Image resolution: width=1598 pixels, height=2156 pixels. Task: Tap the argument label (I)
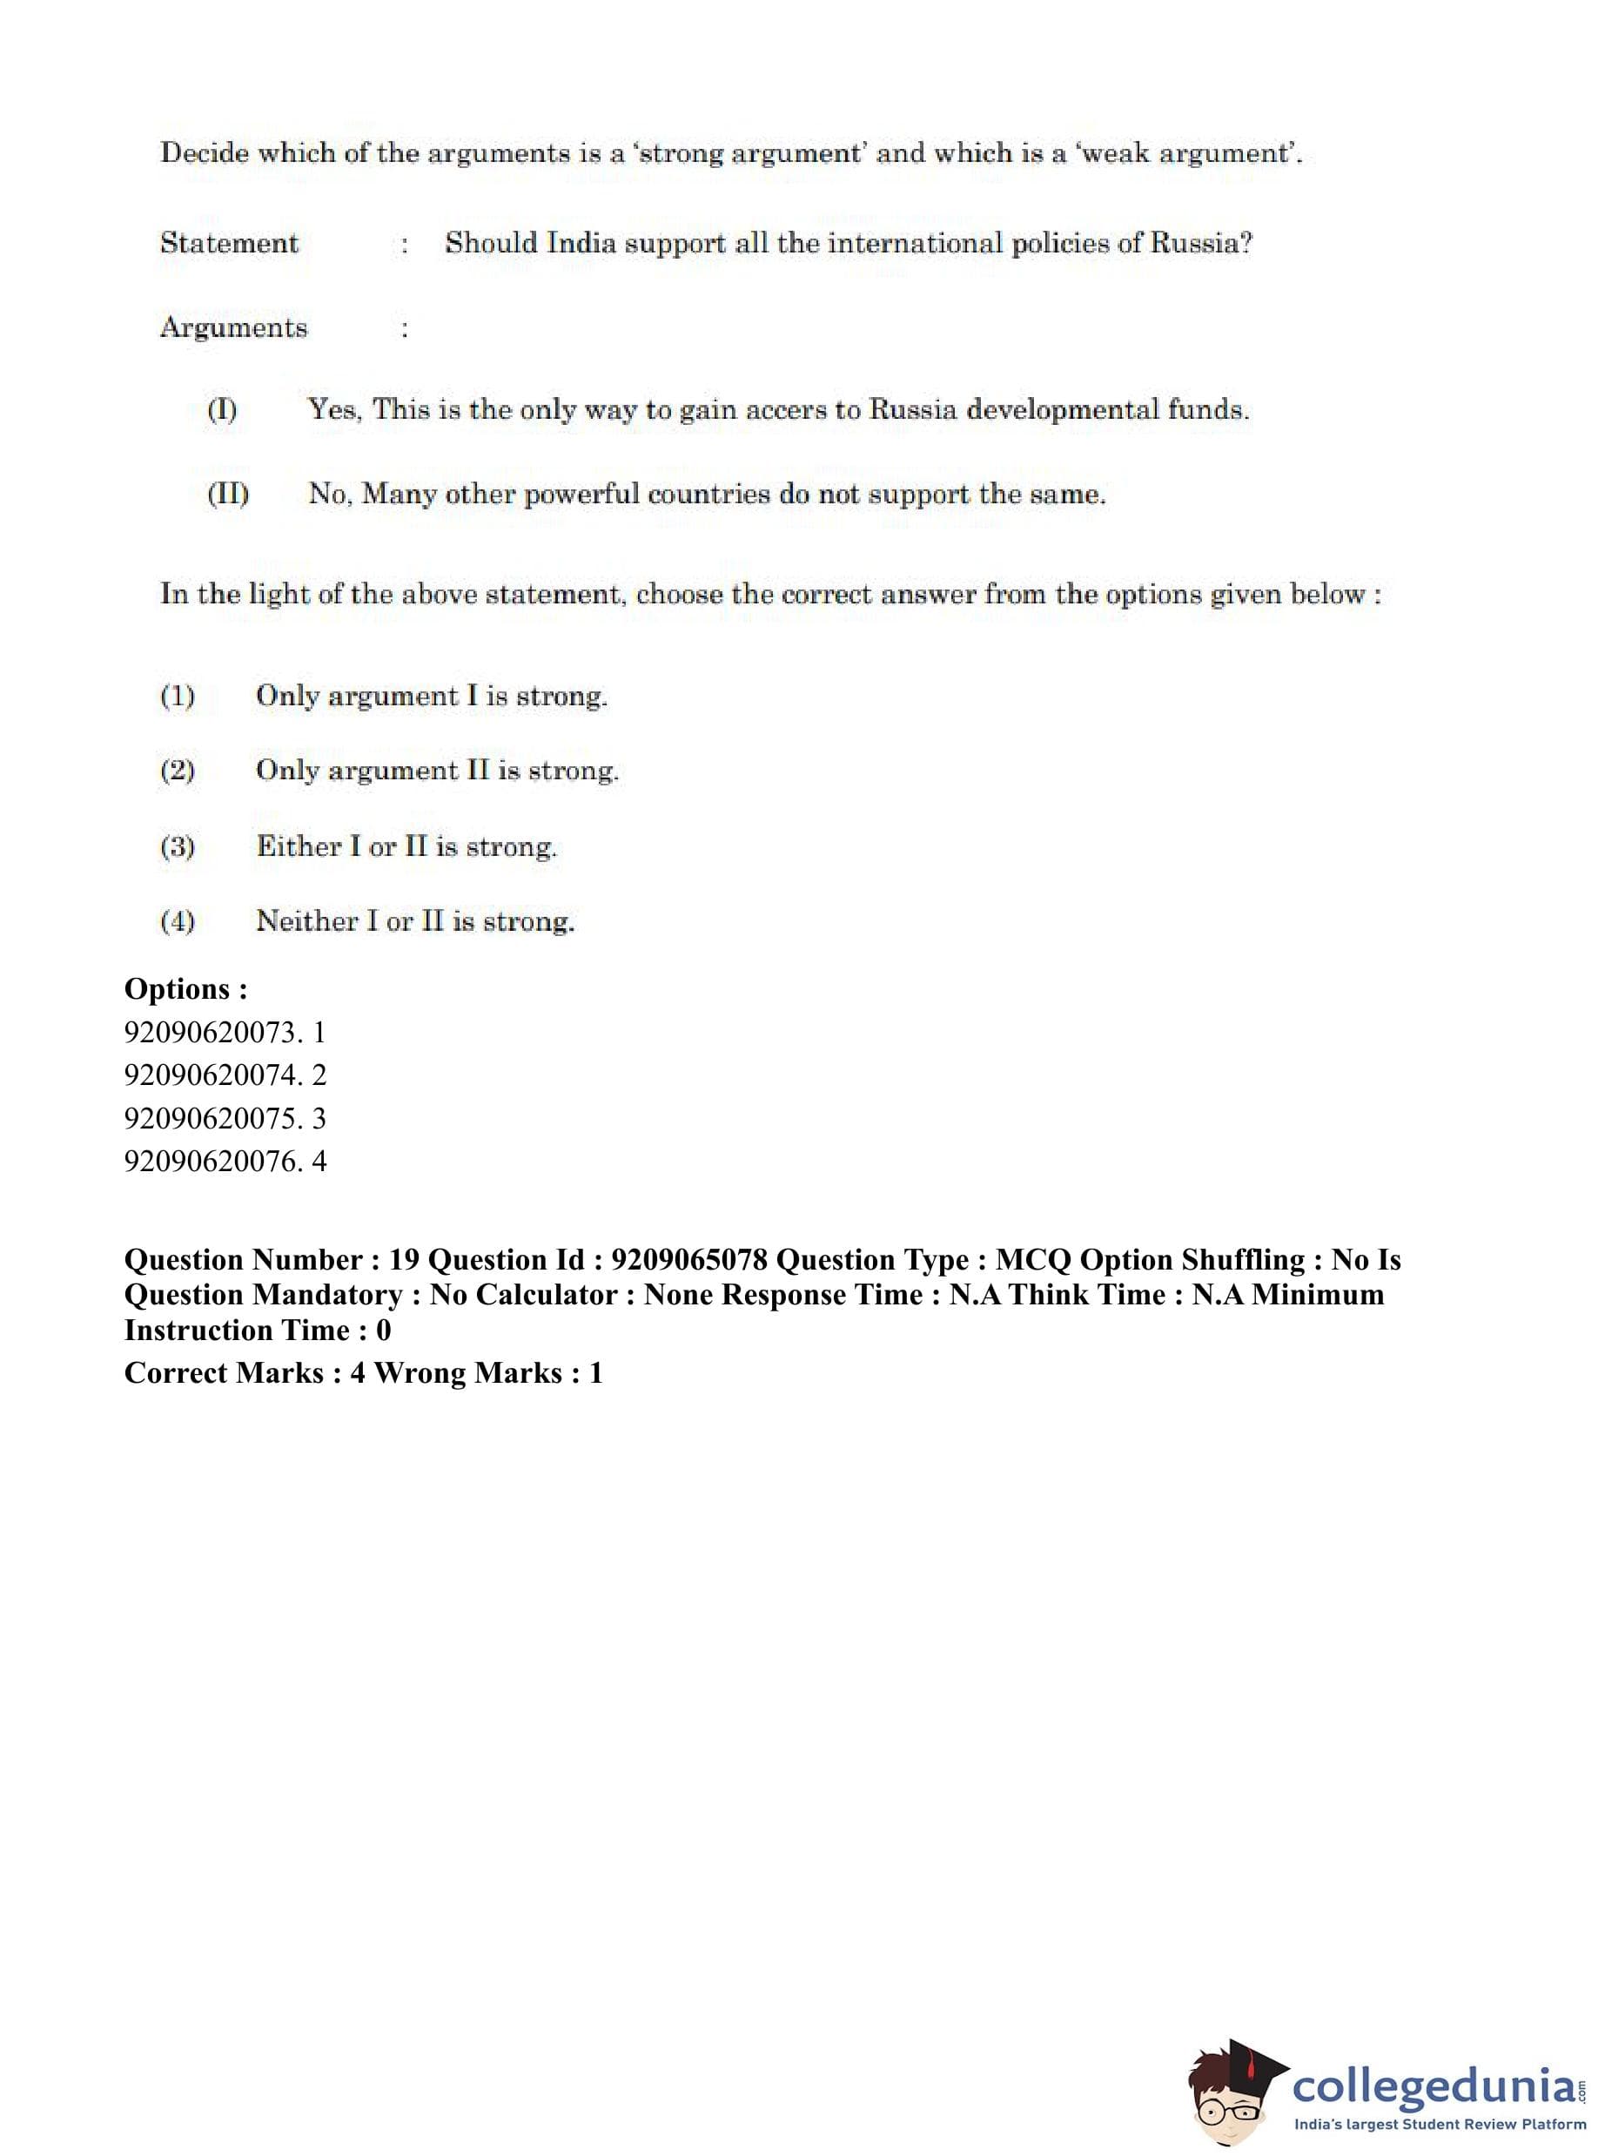tap(222, 409)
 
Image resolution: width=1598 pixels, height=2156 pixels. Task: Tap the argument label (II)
tap(227, 494)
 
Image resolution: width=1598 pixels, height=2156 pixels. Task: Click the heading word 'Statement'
tap(229, 243)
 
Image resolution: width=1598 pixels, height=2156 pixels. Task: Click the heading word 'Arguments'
tap(233, 327)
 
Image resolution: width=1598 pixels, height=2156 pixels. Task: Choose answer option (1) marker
tap(177, 696)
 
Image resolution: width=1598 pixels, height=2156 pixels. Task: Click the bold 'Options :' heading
tap(185, 989)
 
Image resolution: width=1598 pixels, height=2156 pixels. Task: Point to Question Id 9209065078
tap(689, 1260)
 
